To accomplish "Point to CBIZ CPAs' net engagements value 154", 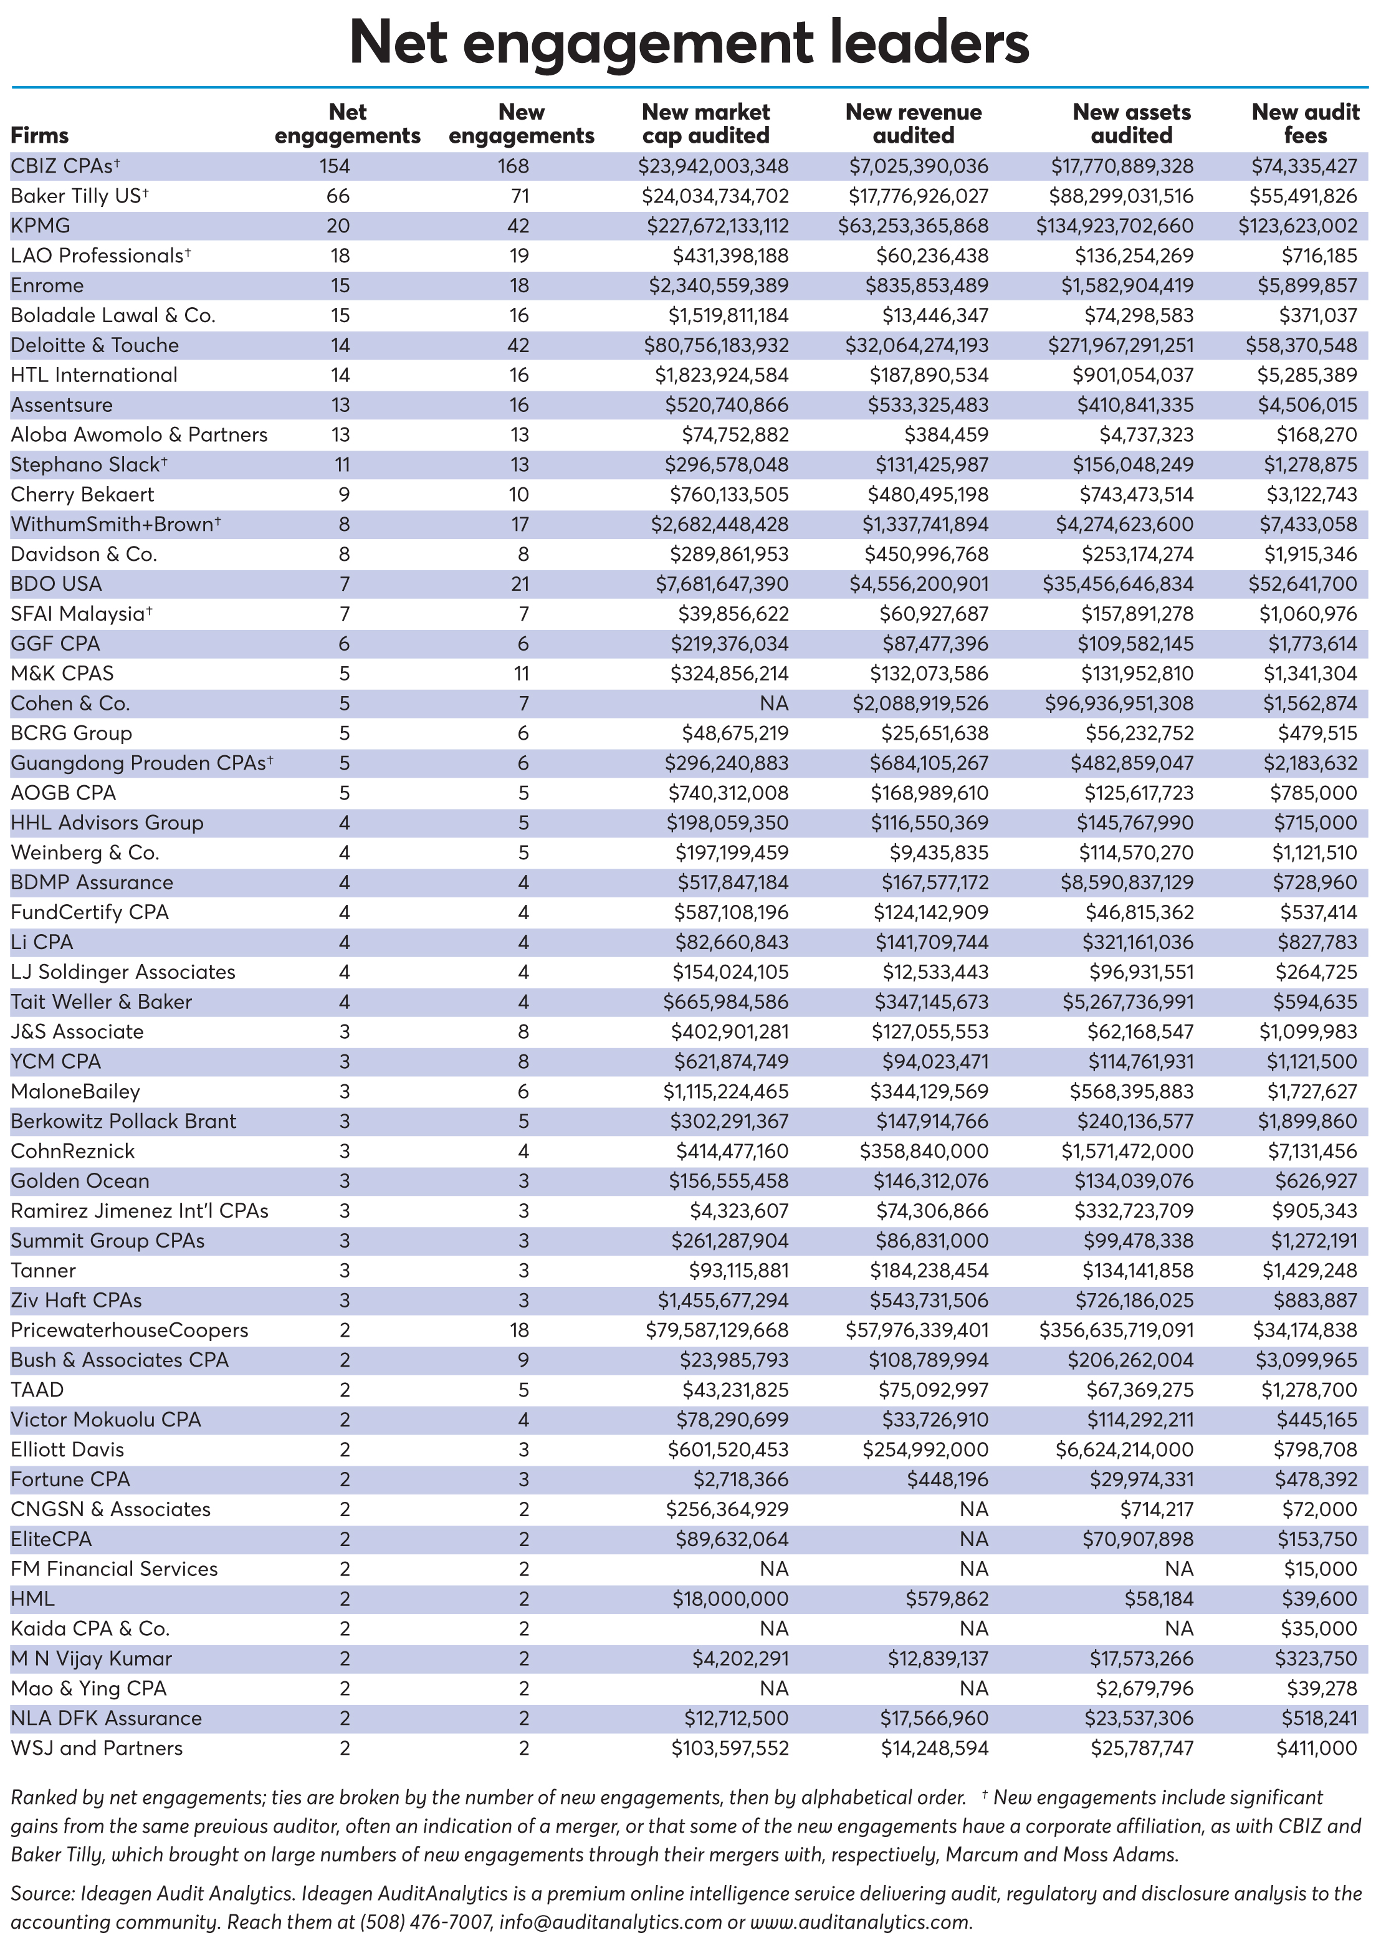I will [x=335, y=166].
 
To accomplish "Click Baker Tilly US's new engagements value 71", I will [x=520, y=196].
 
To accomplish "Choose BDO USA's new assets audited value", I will [x=1117, y=583].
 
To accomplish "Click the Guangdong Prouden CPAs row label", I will [x=141, y=763].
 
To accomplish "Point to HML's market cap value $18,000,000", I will [x=730, y=1598].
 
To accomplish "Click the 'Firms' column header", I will [x=39, y=135].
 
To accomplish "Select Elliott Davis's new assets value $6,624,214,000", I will [x=1124, y=1449].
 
